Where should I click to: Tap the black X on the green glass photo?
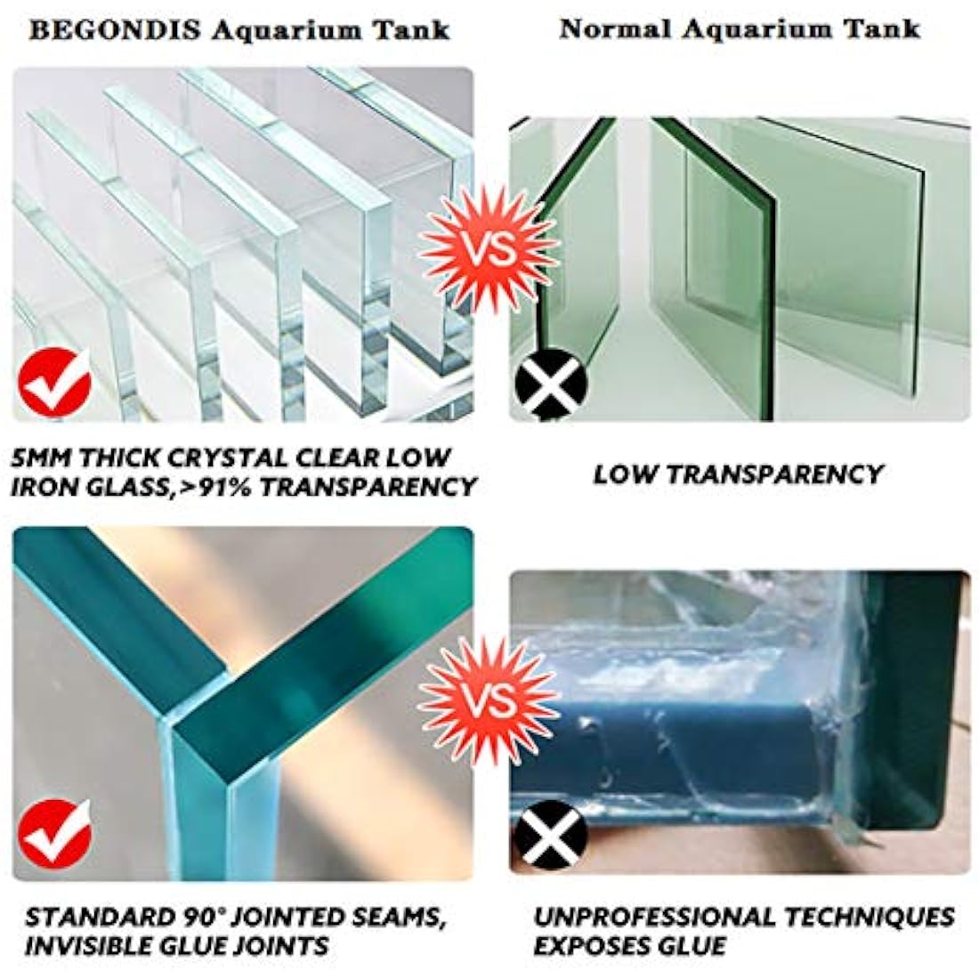coord(551,385)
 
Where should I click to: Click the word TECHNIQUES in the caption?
coord(880,917)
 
